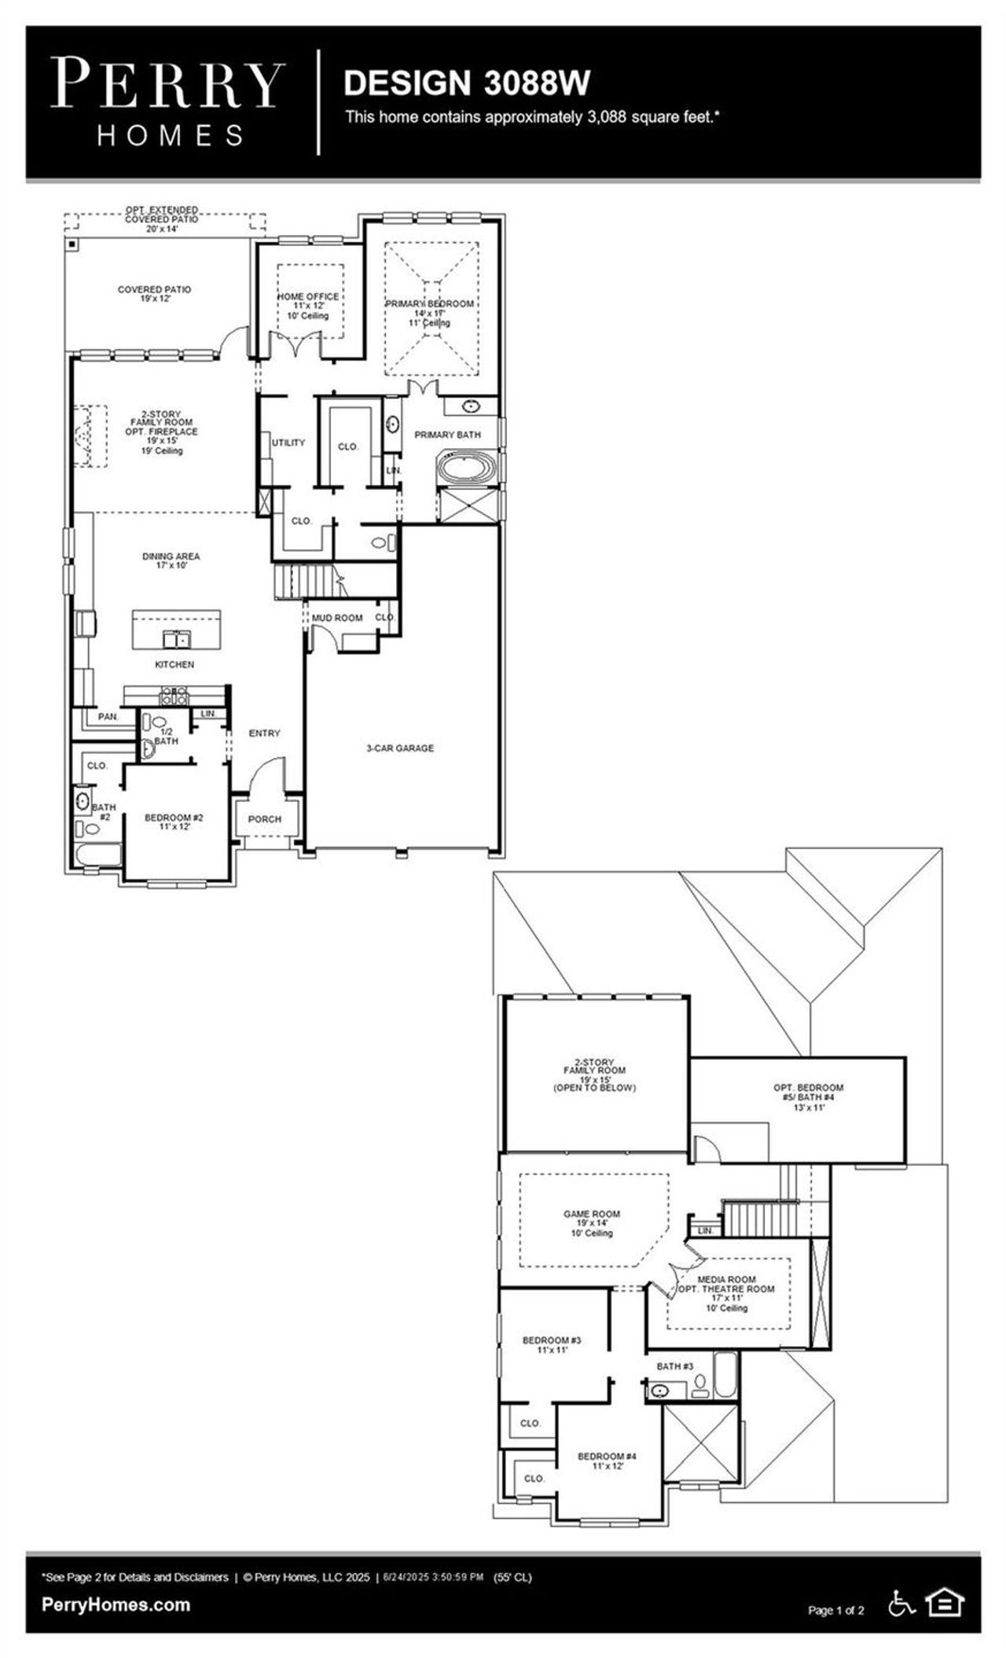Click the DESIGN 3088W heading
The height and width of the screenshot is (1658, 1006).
pyautogui.click(x=466, y=83)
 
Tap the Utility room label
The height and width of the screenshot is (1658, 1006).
pyautogui.click(x=288, y=443)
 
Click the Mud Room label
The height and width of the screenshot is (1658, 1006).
pyautogui.click(x=337, y=618)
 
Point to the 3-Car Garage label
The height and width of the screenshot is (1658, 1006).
pyautogui.click(x=400, y=748)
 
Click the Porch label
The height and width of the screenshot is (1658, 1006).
pyautogui.click(x=265, y=819)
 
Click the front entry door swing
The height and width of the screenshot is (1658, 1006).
pyautogui.click(x=269, y=770)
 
